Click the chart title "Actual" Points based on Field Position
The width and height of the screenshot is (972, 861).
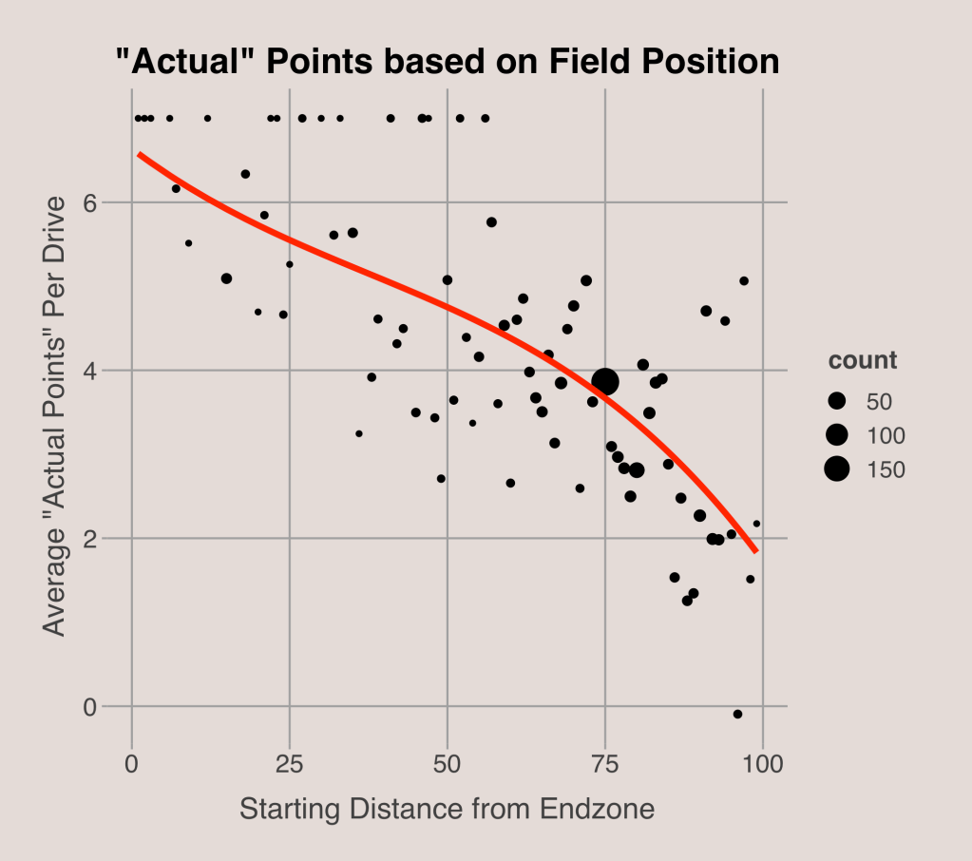pyautogui.click(x=447, y=63)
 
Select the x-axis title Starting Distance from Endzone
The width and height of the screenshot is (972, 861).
pyautogui.click(x=447, y=810)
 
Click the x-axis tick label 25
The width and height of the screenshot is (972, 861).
pyautogui.click(x=290, y=762)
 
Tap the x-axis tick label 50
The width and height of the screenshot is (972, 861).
pyautogui.click(x=447, y=762)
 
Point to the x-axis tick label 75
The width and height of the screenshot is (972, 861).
pyautogui.click(x=605, y=762)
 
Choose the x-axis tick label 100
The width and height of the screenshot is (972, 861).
pyautogui.click(x=763, y=762)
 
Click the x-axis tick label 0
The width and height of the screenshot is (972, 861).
pyautogui.click(x=132, y=762)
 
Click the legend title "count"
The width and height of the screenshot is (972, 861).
pyautogui.click(x=863, y=361)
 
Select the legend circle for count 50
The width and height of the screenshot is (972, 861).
pyautogui.click(x=836, y=402)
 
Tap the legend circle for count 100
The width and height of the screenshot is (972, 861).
pyautogui.click(x=836, y=435)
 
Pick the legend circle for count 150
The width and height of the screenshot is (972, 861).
pyautogui.click(x=836, y=469)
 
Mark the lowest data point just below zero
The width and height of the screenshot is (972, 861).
pyautogui.click(x=737, y=714)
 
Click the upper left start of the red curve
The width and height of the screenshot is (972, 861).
pyautogui.click(x=139, y=154)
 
